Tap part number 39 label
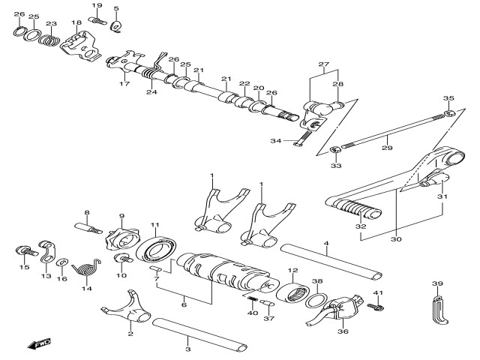(x=437, y=283)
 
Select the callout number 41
(x=378, y=292)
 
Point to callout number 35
(x=448, y=98)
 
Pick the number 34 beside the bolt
(x=275, y=140)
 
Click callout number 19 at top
(x=97, y=5)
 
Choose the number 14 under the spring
(x=86, y=288)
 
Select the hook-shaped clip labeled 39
(x=439, y=312)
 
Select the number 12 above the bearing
(x=293, y=271)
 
